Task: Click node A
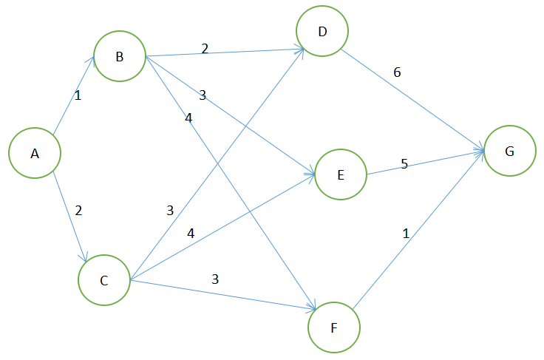point(34,154)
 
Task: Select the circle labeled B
point(119,57)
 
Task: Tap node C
point(103,280)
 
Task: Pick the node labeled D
point(322,32)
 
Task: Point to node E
point(341,175)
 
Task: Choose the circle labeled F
point(334,327)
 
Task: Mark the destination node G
point(509,151)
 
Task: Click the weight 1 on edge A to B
point(77,95)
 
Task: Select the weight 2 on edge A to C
point(78,210)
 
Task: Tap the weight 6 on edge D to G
point(397,72)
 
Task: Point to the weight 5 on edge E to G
point(404,163)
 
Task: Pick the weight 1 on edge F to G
point(405,234)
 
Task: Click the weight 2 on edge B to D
point(205,49)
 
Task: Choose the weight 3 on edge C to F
point(215,279)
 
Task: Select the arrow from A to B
point(72,97)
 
